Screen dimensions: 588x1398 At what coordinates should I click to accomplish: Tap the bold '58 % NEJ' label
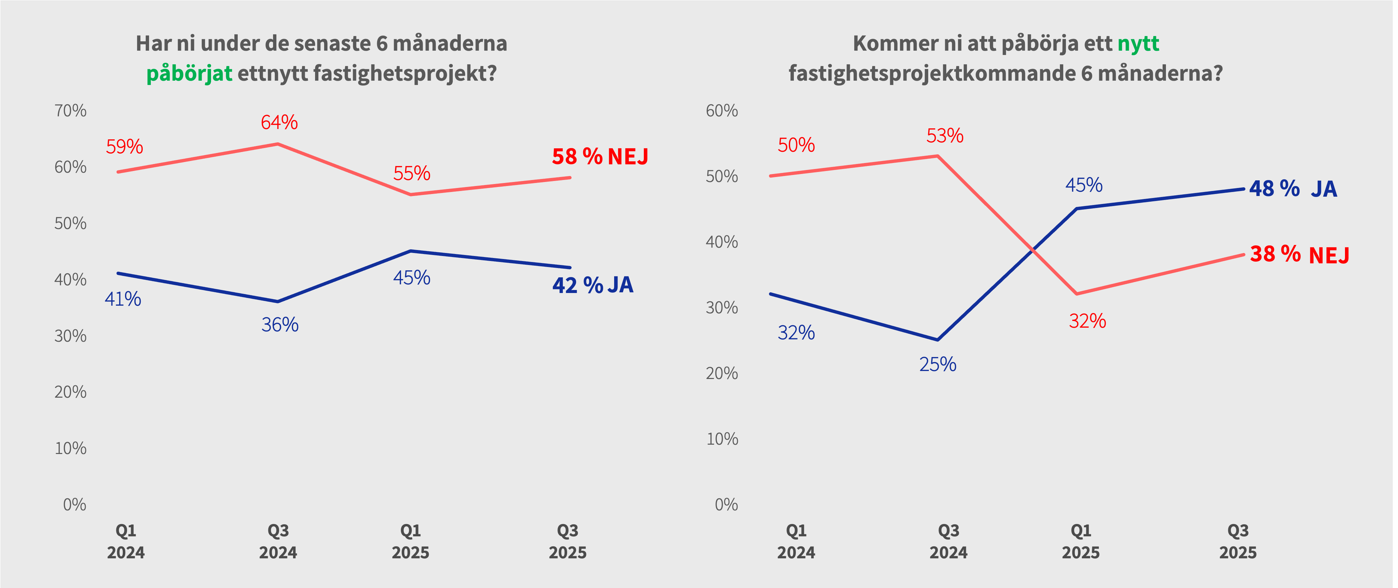pyautogui.click(x=600, y=157)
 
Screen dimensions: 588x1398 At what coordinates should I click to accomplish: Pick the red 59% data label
pyautogui.click(x=124, y=146)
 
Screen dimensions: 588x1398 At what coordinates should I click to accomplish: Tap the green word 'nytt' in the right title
pyautogui.click(x=1138, y=43)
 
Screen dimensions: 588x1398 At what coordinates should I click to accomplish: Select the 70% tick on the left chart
pyautogui.click(x=71, y=111)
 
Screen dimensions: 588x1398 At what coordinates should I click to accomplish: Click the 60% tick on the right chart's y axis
pyautogui.click(x=722, y=111)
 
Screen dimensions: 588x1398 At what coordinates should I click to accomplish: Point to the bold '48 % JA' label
pyautogui.click(x=1293, y=189)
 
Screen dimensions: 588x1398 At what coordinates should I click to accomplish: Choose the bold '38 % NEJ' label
pyautogui.click(x=1299, y=254)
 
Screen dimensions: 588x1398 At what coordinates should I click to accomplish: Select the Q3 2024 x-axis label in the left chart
pyautogui.click(x=278, y=541)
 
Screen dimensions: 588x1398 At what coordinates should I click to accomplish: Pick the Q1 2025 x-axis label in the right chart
pyautogui.click(x=1081, y=541)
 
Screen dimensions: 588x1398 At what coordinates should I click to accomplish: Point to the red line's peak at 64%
pyautogui.click(x=278, y=144)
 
